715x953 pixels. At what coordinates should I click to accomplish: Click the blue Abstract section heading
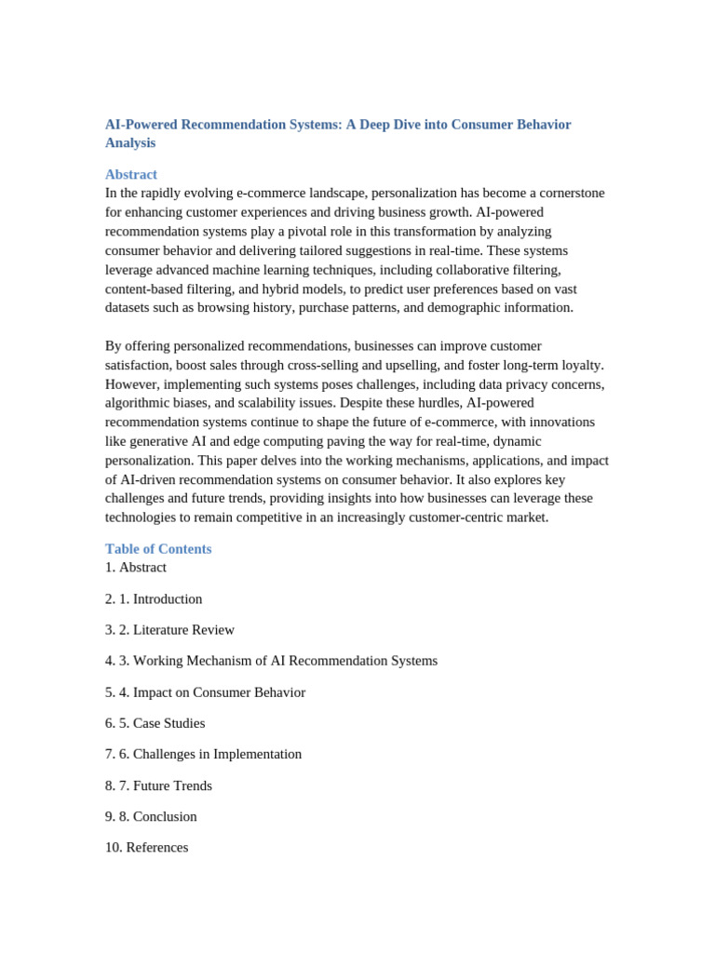[130, 174]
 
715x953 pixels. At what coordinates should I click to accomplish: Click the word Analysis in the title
[130, 142]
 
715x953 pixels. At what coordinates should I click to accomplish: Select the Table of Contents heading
[158, 548]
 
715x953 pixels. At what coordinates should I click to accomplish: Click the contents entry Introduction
[167, 598]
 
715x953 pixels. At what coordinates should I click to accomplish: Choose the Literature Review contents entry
[183, 629]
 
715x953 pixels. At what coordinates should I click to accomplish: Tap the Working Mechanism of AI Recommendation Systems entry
[285, 660]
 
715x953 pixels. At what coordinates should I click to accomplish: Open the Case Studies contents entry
[169, 722]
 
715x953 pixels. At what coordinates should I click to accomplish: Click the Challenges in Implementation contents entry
[217, 753]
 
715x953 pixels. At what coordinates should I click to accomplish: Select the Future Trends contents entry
[172, 785]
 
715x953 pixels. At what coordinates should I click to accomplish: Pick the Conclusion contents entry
[165, 815]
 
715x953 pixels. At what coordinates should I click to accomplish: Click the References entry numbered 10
[156, 847]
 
